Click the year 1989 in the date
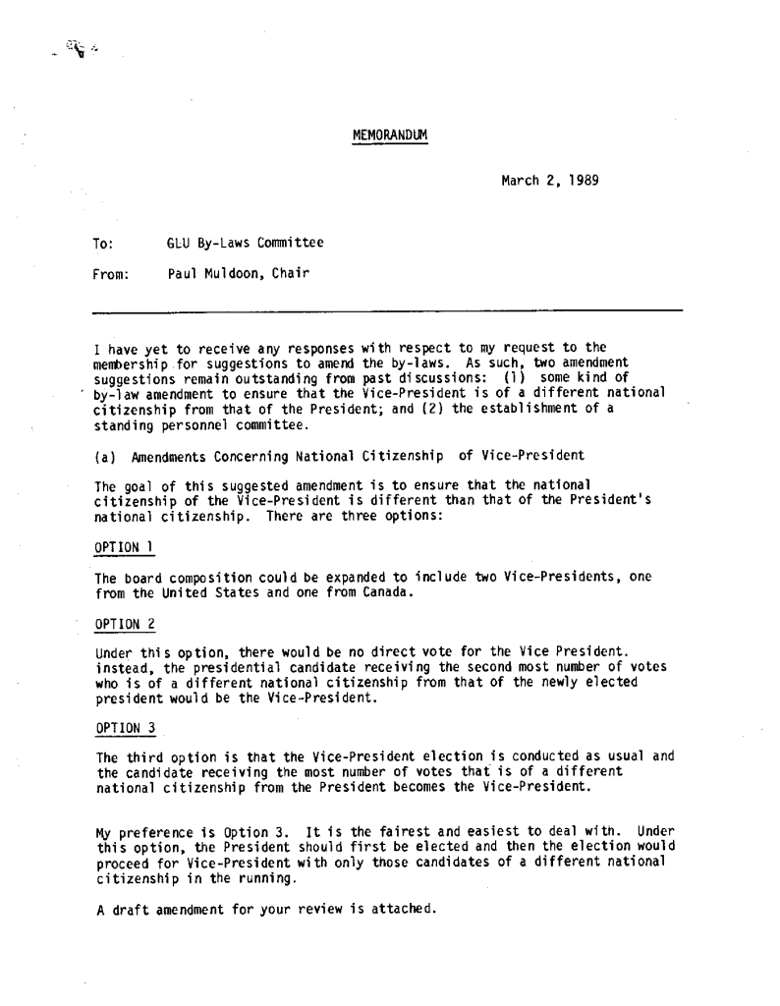point(584,181)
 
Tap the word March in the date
point(521,181)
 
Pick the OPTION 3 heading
point(123,728)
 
